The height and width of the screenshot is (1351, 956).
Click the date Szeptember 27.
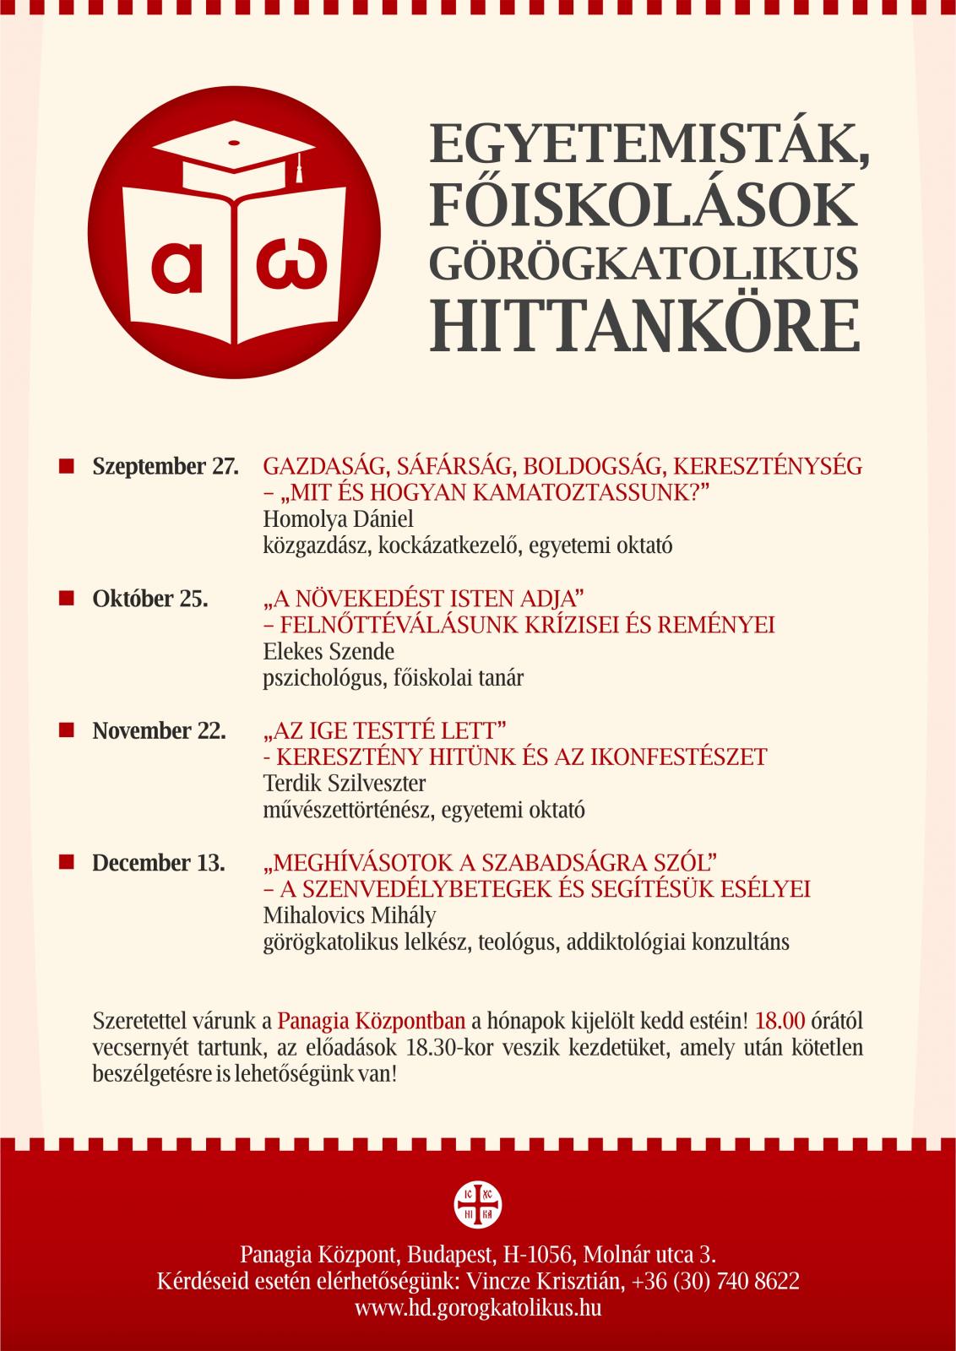[x=166, y=466]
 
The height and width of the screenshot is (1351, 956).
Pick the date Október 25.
[x=149, y=599]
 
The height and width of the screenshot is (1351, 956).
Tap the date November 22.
[x=159, y=730]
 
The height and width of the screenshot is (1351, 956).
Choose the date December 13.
[x=158, y=863]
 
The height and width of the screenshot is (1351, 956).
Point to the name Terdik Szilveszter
[x=345, y=783]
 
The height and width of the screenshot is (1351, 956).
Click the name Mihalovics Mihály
[x=350, y=915]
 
